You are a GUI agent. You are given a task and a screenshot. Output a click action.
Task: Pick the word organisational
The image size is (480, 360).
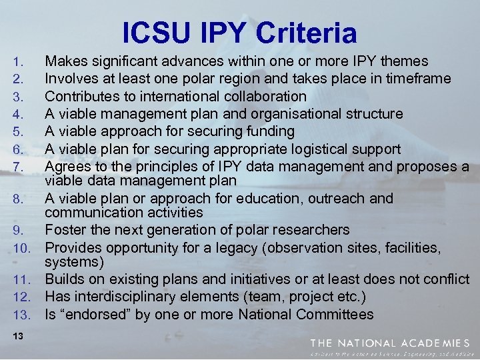click(289, 113)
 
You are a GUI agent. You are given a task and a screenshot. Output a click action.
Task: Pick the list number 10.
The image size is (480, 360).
click(20, 248)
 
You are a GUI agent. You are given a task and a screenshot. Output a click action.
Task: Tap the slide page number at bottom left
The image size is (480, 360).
click(18, 337)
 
